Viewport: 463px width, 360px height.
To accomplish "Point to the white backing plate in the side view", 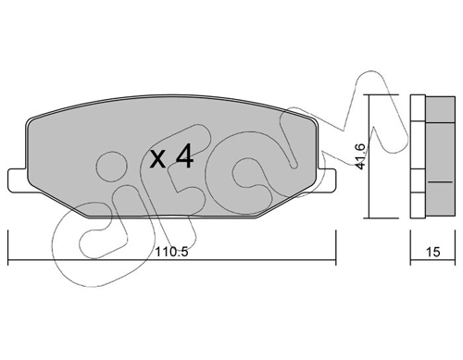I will coord(416,157).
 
